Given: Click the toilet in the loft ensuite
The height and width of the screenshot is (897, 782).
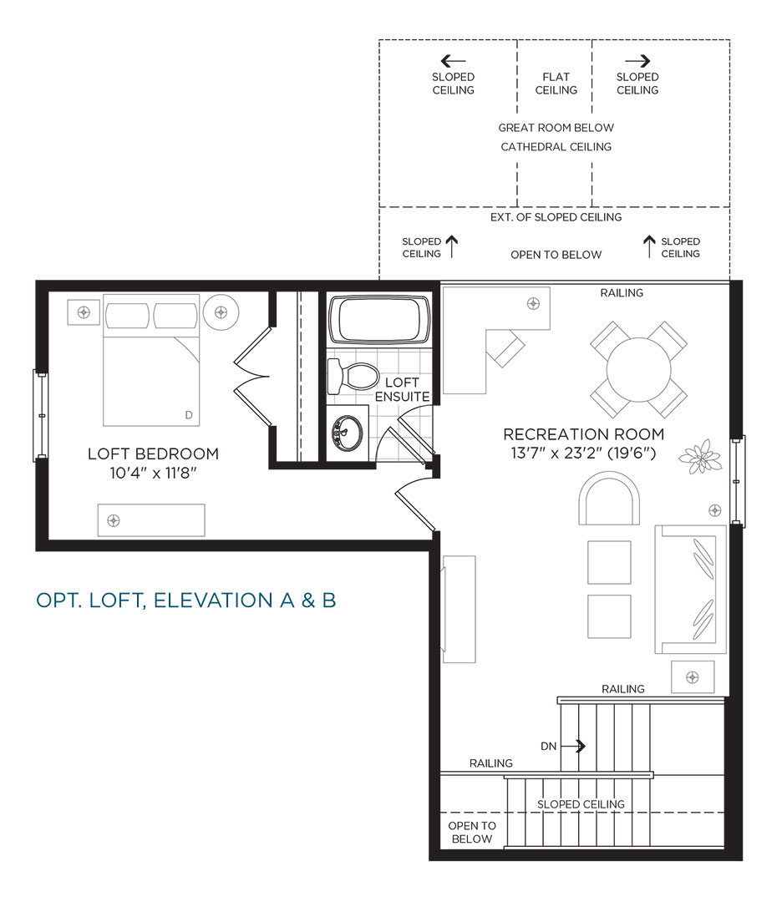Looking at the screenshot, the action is tap(353, 377).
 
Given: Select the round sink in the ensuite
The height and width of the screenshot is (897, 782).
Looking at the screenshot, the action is tap(348, 433).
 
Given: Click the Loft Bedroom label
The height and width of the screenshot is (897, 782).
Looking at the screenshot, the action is tap(154, 454).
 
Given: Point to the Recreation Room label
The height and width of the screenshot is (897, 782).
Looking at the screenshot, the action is tap(583, 434).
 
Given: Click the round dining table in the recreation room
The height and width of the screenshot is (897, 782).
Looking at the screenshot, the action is tap(638, 369).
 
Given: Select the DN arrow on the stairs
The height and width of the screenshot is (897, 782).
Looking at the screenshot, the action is tap(573, 746).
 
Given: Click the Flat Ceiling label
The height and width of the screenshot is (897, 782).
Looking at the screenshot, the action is tap(556, 84).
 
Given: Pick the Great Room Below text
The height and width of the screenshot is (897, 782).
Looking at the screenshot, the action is tap(556, 128).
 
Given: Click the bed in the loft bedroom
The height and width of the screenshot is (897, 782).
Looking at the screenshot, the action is tap(151, 361).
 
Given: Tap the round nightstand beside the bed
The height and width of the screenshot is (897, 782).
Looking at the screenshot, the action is tap(221, 312).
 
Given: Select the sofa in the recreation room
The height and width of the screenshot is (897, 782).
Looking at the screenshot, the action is tap(690, 589).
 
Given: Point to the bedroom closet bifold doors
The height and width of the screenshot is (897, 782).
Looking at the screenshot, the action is tap(251, 376).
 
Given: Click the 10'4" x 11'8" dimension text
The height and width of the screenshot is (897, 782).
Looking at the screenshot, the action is tap(154, 473).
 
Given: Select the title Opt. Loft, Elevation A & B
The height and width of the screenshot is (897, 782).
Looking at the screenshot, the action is tap(186, 601).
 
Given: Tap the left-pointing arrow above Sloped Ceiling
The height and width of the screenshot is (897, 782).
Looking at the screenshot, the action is tap(453, 61).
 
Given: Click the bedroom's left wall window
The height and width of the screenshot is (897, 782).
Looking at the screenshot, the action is tap(41, 415).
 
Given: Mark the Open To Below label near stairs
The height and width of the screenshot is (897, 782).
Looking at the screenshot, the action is tap(472, 833).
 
